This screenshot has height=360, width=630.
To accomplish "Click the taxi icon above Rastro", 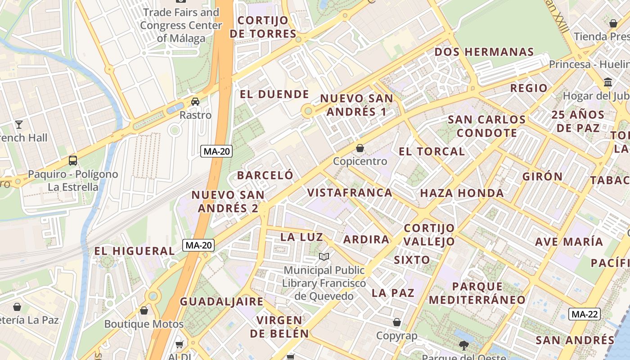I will coord(195,102).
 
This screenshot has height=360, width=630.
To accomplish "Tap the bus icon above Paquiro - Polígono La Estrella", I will coord(72,160).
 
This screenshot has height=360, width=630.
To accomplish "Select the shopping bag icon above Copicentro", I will coord(360,148).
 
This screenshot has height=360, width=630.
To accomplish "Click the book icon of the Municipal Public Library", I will coord(324,257).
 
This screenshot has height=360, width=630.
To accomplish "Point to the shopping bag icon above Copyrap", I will coord(397,322).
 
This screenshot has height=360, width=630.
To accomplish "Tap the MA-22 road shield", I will coord(585,314).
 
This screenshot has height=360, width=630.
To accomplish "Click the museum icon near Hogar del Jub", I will coord(608,82).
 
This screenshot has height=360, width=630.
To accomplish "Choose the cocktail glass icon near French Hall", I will coord(19,124).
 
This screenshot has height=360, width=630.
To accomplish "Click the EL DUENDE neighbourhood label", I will coord(274,94).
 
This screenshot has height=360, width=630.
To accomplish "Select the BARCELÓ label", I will coord(265,175).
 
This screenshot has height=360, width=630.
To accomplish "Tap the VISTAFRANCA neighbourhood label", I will coord(350,193).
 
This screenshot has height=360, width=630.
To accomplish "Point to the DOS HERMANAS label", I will coord(484,52).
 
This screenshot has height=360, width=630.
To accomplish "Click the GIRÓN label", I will coord(542,176).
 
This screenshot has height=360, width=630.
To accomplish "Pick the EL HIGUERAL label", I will coord(134,251).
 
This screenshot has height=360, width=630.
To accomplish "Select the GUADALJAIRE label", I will coord(221,301).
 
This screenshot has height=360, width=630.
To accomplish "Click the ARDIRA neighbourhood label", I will coord(366,239).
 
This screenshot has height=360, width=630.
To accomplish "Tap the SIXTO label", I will coord(412,260).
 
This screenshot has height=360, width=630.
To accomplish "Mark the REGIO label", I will coord(529,88).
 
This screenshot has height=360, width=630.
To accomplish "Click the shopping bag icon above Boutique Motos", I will coord(144,310).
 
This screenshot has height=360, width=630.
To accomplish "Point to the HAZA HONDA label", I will coord(462,193).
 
